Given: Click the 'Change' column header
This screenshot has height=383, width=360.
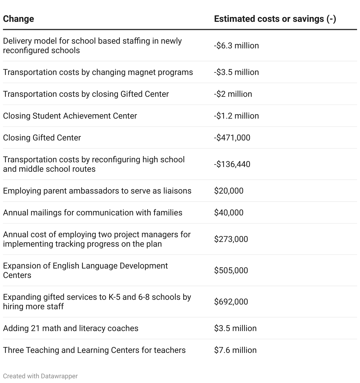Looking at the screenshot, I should pyautogui.click(x=18, y=19).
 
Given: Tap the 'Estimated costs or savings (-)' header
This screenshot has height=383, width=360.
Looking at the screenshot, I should pyautogui.click(x=275, y=19).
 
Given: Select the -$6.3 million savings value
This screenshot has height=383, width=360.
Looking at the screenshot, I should pyautogui.click(x=236, y=46).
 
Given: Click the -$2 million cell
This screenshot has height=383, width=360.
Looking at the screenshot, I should pyautogui.click(x=233, y=94).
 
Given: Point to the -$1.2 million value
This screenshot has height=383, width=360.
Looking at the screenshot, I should pyautogui.click(x=236, y=116).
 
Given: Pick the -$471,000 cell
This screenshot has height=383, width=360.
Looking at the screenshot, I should pyautogui.click(x=232, y=138).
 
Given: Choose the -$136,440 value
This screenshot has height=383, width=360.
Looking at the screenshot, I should pyautogui.click(x=232, y=164).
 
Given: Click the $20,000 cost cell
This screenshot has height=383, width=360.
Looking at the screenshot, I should pyautogui.click(x=229, y=191).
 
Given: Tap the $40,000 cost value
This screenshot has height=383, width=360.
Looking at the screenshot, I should pyautogui.click(x=229, y=213).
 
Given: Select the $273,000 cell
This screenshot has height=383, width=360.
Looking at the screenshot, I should pyautogui.click(x=231, y=239).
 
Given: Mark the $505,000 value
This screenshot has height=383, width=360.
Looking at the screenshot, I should pyautogui.click(x=231, y=271).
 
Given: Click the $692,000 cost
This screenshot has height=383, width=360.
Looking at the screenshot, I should pyautogui.click(x=231, y=302).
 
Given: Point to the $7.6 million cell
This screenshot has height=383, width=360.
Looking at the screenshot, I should pyautogui.click(x=235, y=350).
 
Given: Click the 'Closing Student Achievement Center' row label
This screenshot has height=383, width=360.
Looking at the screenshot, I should pyautogui.click(x=70, y=116).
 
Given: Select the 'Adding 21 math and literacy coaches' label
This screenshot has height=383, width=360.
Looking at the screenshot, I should pyautogui.click(x=71, y=328).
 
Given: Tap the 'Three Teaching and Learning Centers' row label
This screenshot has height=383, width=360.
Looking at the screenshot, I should pyautogui.click(x=94, y=350).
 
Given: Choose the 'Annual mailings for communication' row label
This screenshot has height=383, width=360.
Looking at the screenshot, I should pyautogui.click(x=93, y=213).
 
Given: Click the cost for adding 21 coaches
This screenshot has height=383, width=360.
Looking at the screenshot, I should pyautogui.click(x=235, y=328).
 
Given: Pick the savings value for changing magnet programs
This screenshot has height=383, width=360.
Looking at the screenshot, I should pyautogui.click(x=236, y=72).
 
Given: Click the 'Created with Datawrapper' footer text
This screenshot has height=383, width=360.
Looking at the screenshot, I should pyautogui.click(x=40, y=376).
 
